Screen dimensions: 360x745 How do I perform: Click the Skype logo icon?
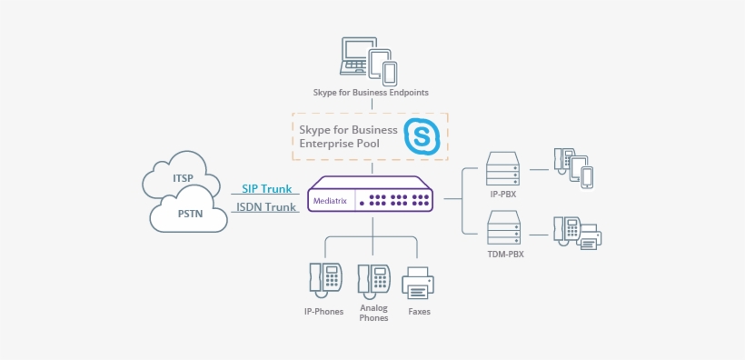click(x=422, y=135)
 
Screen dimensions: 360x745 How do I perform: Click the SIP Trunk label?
click(x=266, y=189)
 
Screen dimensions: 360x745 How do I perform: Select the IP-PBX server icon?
click(x=502, y=169)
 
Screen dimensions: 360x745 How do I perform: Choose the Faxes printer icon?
click(x=419, y=283)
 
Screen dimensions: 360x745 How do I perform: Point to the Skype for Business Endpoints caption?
click(x=371, y=93)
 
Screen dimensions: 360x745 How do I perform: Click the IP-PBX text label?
click(x=503, y=195)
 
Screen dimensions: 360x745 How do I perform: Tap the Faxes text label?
click(x=419, y=312)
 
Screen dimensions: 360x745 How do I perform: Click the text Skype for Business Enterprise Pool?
click(x=348, y=136)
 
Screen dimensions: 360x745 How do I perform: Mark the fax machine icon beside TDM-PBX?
click(x=590, y=236)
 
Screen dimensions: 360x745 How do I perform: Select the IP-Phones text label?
click(x=323, y=312)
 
